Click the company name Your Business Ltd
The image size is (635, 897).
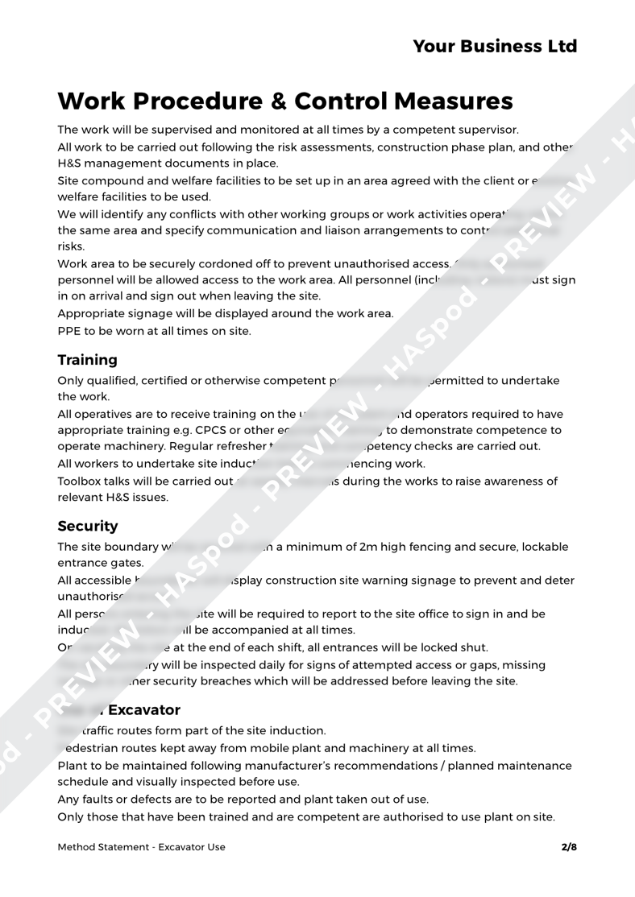pos(495,46)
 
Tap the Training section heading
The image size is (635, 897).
pos(88,359)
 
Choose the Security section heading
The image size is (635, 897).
pos(88,527)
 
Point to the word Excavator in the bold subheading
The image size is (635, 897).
pos(136,710)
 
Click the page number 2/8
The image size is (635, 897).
pos(569,847)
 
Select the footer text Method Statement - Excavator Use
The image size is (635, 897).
pos(142,847)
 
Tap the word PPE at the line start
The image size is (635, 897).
pos(69,330)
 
